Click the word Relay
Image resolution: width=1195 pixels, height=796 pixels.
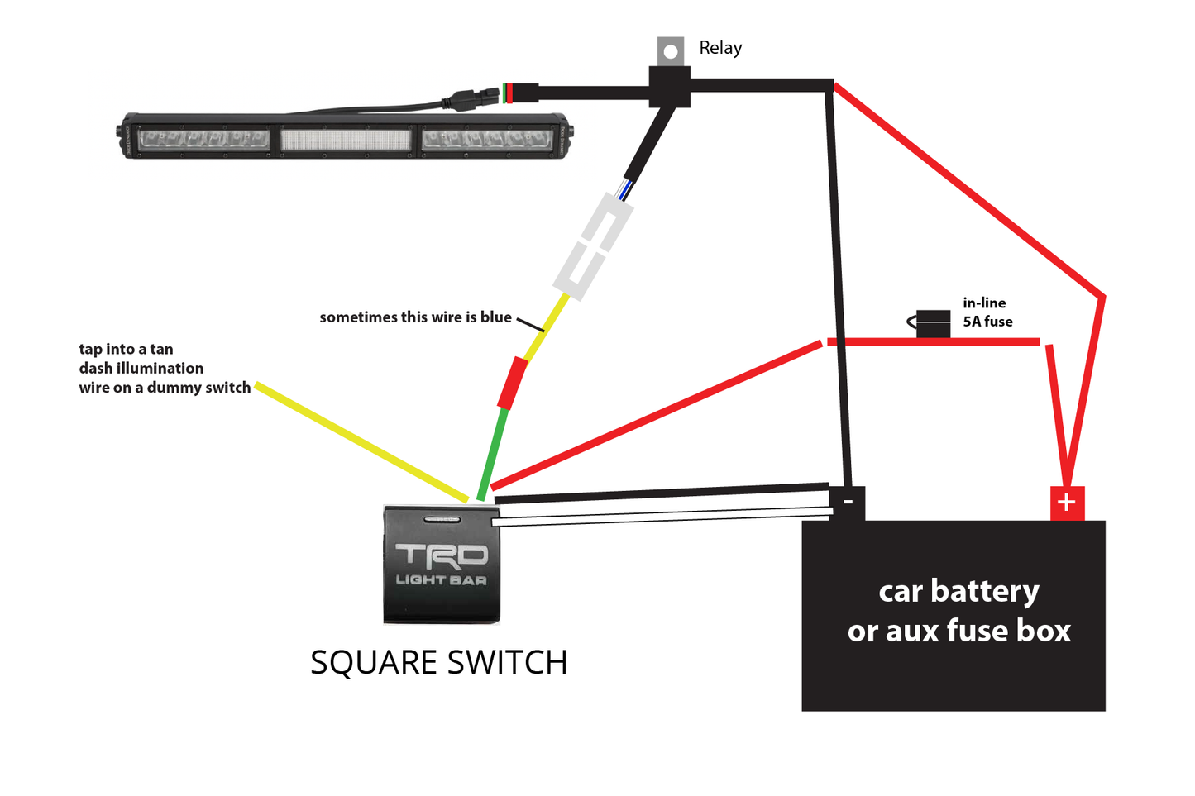(x=720, y=48)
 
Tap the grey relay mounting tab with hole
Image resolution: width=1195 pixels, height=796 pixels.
(x=671, y=50)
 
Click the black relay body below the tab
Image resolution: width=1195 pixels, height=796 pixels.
(x=670, y=86)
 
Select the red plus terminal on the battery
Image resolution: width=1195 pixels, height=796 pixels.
(x=1067, y=503)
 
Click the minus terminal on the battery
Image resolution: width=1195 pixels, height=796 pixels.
(x=848, y=502)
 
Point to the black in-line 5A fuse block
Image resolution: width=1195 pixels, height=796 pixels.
(x=933, y=323)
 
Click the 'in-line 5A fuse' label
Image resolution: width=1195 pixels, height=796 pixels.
(x=987, y=312)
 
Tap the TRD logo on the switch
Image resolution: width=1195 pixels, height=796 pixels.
(x=442, y=555)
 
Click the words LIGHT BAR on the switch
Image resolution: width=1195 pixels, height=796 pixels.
(x=442, y=580)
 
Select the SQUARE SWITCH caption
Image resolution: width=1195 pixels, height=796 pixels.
(x=438, y=662)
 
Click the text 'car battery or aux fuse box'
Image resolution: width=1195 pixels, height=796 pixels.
(x=958, y=611)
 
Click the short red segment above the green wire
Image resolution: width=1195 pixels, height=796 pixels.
(x=512, y=383)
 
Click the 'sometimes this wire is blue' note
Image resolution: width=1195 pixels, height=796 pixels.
(x=415, y=317)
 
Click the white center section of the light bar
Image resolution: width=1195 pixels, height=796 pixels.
(x=346, y=139)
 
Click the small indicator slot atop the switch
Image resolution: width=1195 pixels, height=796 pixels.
(x=442, y=520)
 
